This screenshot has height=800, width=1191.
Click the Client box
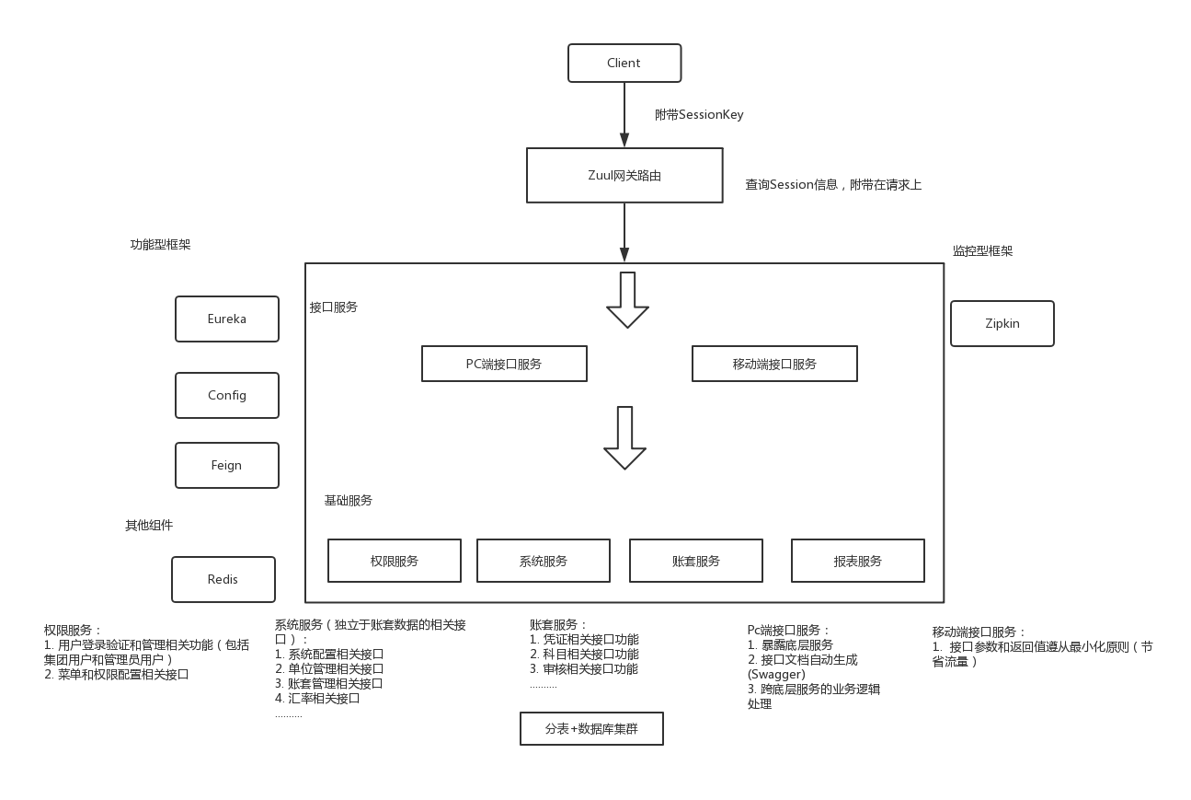tap(624, 63)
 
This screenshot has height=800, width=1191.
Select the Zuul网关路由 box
tap(624, 175)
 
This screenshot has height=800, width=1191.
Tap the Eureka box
tap(227, 319)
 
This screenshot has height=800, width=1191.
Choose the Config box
tap(227, 395)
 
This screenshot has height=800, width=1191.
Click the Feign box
tap(227, 465)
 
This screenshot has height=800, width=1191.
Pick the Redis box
tap(223, 579)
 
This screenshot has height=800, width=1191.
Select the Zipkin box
tap(1002, 324)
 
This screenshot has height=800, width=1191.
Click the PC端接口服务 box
tap(504, 364)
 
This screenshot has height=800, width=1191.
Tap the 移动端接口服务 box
tap(774, 364)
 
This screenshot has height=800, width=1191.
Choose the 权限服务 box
tap(394, 561)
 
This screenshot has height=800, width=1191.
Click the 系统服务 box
tap(543, 561)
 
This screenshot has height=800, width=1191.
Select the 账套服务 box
tap(695, 561)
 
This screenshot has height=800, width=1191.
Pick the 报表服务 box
tap(858, 561)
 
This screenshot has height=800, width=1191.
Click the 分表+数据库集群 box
tap(591, 729)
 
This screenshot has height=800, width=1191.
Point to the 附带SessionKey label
tap(699, 114)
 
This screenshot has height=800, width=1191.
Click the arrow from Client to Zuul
tap(624, 114)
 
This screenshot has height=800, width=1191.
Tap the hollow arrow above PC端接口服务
tap(627, 300)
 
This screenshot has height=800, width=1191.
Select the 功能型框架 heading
tap(160, 244)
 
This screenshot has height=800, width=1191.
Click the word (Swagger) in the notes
tap(776, 675)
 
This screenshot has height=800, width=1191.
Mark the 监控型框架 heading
tap(982, 250)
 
